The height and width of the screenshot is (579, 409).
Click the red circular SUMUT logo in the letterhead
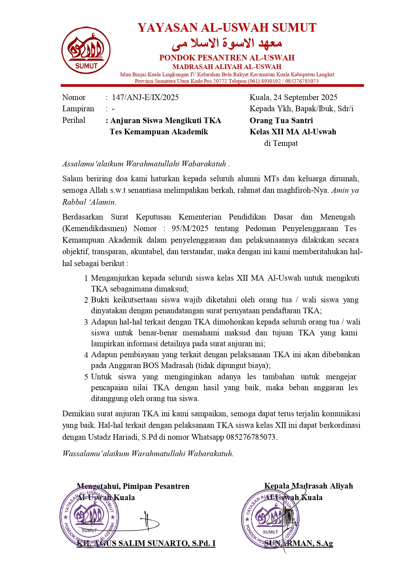click(86, 51)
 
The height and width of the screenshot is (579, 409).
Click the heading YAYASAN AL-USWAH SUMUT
click(227, 28)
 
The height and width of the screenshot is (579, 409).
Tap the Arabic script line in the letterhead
click(227, 43)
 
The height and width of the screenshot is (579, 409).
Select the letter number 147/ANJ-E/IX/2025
click(145, 97)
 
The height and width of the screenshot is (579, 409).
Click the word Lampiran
click(78, 109)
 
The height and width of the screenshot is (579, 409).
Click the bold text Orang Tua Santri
click(281, 120)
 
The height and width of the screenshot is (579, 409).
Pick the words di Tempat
click(281, 143)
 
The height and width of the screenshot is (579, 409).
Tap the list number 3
click(86, 322)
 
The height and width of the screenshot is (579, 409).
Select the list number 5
click(86, 377)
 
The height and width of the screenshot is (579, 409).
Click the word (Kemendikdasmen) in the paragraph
click(95, 228)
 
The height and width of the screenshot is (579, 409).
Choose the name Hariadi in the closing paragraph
click(125, 437)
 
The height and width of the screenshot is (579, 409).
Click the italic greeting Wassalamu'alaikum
click(96, 454)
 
